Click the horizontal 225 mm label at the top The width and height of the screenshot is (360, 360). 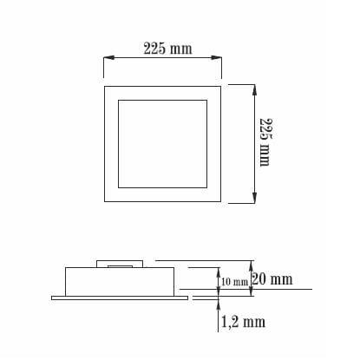[x=167, y=49]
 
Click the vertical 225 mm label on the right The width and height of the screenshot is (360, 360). [x=265, y=142]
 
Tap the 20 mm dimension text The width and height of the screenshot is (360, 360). [x=272, y=279]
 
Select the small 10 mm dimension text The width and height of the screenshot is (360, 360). [x=234, y=282]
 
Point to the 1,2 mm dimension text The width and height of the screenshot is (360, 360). [x=243, y=322]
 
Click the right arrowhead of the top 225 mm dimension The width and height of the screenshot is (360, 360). [x=216, y=58]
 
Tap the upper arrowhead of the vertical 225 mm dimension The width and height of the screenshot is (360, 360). [x=254, y=90]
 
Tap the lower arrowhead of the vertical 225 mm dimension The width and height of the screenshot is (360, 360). [x=254, y=198]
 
